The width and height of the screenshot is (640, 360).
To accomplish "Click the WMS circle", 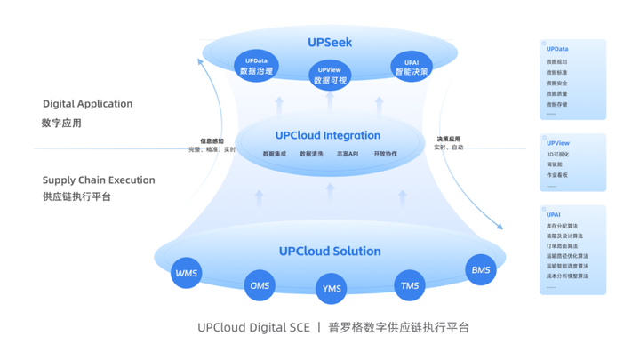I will click(x=187, y=273).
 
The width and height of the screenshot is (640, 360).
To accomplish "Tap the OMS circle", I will click(x=260, y=285).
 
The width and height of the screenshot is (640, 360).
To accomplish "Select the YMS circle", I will click(x=331, y=289).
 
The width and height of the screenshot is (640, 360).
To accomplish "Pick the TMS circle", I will click(x=410, y=284).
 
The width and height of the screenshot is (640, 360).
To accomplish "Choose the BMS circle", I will click(x=481, y=270).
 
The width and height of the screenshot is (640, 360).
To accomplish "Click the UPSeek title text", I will click(x=331, y=43).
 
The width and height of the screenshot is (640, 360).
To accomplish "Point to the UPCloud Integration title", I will click(x=328, y=136).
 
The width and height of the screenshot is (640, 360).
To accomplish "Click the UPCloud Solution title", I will click(x=330, y=252).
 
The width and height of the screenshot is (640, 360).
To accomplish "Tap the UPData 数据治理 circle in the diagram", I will click(x=256, y=67).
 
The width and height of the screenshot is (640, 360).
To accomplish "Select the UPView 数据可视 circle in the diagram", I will click(x=330, y=76).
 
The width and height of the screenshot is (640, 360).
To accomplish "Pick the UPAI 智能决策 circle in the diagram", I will click(x=411, y=67).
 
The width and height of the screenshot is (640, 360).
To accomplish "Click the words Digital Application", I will click(x=87, y=104).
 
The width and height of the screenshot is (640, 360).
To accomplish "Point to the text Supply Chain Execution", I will click(x=99, y=180).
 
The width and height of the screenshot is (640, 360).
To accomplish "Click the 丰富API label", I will click(x=348, y=155).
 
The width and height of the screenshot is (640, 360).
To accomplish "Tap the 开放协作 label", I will click(x=385, y=155).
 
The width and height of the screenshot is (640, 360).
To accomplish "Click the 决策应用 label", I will click(x=448, y=139).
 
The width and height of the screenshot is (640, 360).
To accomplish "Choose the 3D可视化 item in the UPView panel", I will click(x=558, y=155).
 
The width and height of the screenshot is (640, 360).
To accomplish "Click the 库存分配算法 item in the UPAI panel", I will click(x=562, y=227).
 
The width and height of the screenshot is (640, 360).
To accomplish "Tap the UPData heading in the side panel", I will click(x=557, y=50).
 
